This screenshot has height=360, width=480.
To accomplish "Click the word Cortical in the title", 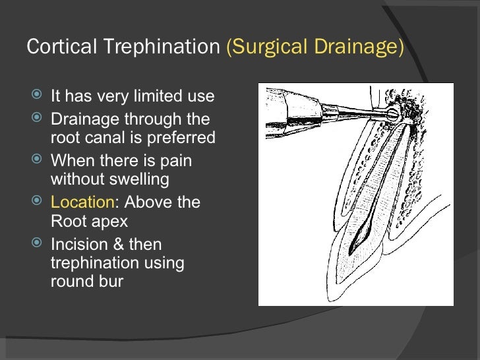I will click(x=54, y=47).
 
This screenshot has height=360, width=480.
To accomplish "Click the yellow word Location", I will click(x=82, y=202).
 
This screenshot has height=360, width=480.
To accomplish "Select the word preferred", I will click(x=182, y=138).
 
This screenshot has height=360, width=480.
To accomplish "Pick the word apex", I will click(x=109, y=220).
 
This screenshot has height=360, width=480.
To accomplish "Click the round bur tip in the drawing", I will click(x=393, y=113).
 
